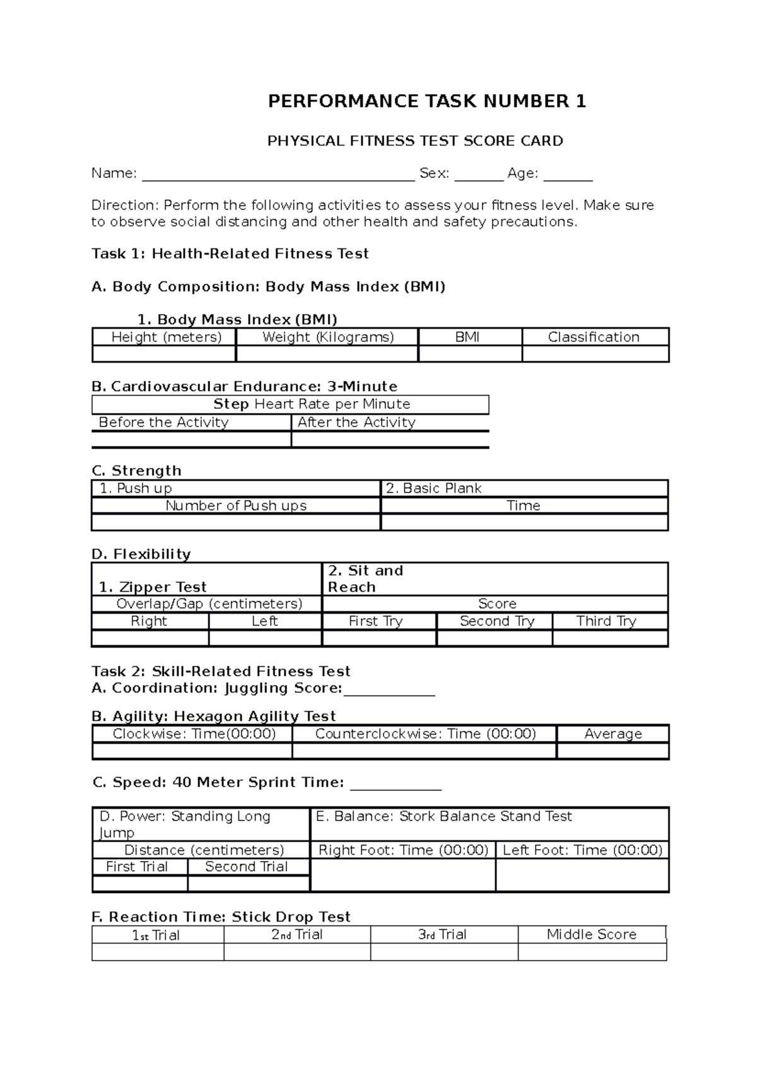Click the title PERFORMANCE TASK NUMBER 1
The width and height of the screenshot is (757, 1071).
[x=427, y=102]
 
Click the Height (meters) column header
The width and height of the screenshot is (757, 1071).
[x=166, y=337]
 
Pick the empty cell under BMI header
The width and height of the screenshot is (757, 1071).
[x=470, y=354]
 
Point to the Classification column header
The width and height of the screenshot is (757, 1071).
[x=594, y=337]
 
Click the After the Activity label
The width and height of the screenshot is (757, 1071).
[x=356, y=422]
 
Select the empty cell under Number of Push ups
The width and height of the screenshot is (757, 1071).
[x=236, y=522]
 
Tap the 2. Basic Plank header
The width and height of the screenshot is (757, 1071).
[x=433, y=488]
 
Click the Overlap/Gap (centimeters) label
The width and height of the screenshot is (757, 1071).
[x=209, y=604]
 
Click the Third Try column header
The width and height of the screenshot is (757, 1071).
[x=606, y=621]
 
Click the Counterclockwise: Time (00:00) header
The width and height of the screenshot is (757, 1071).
[x=425, y=734]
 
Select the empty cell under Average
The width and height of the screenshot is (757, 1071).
[x=613, y=751]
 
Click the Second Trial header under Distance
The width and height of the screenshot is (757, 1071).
[x=247, y=867]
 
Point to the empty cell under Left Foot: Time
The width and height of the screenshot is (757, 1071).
[x=582, y=875]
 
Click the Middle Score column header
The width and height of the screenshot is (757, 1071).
[x=591, y=934]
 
